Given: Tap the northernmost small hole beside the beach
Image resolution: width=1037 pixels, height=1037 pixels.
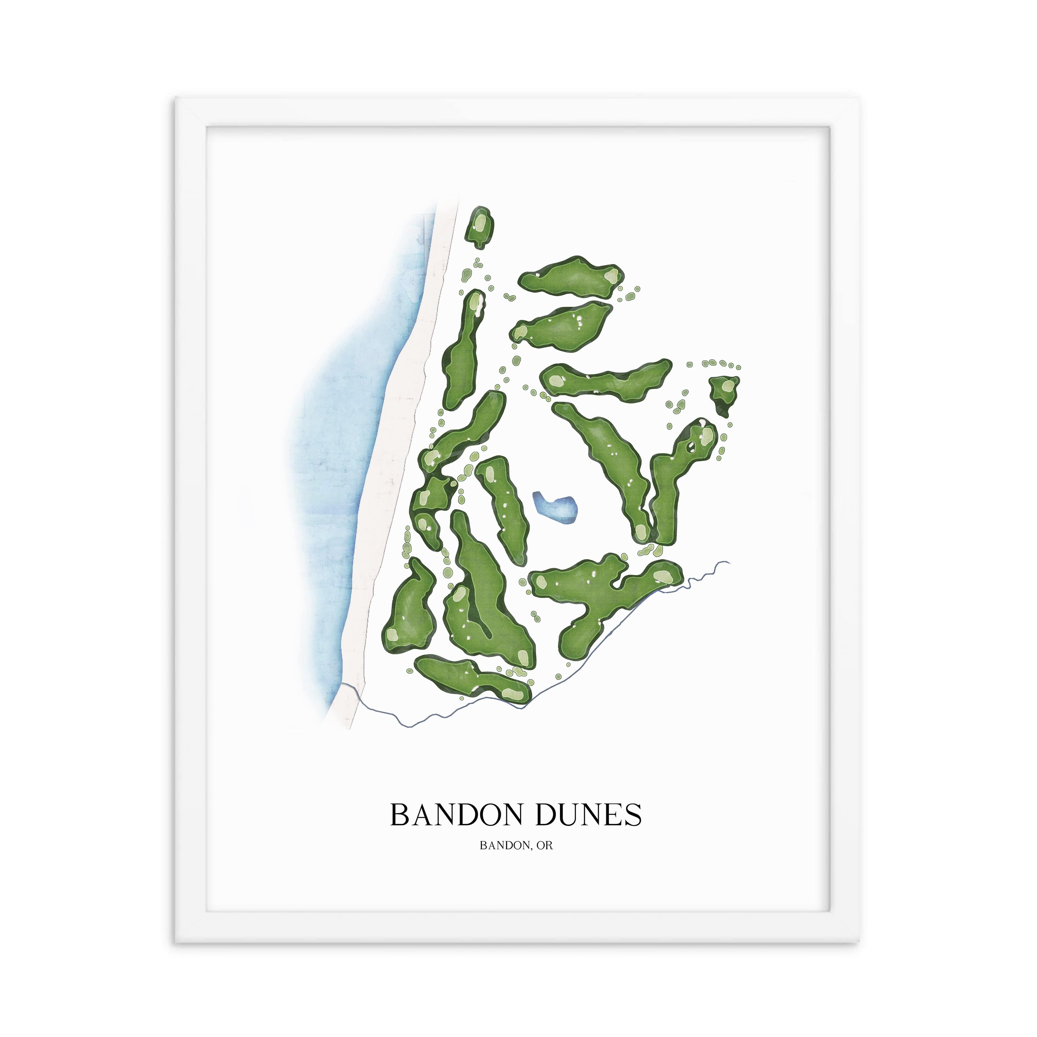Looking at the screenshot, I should point(479,227).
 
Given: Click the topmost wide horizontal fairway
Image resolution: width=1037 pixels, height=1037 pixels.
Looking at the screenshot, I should point(570,277).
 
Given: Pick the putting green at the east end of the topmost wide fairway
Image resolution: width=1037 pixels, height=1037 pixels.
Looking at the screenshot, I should point(611,277).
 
